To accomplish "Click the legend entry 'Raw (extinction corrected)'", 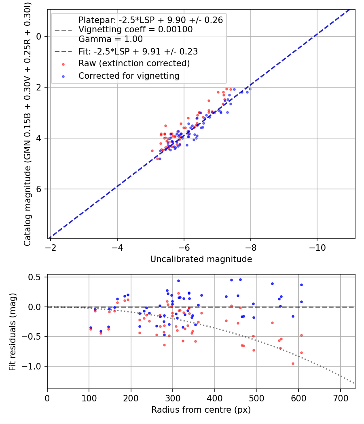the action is tap(134, 63).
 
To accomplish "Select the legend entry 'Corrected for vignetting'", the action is tap(129, 76).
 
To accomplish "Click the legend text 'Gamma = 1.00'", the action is tap(110, 39).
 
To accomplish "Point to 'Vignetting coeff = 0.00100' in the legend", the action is tap(135, 29).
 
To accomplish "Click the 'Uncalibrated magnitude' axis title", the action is tap(201, 259).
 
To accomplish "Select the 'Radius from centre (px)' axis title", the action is tap(201, 410).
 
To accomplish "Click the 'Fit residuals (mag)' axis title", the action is tap(13, 332).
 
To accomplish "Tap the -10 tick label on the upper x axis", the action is tap(317, 248).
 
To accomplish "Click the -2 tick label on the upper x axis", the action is tap(51, 248).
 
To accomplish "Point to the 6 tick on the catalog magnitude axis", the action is tap(39, 189).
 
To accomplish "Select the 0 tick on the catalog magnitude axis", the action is tap(39, 36).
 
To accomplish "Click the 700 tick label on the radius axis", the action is tap(341, 398).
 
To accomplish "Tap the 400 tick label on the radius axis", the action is tap(215, 398).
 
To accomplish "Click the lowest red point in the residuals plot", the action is tap(293, 364).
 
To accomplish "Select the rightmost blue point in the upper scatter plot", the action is tap(250, 89).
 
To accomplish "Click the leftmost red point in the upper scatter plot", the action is tap(152, 151).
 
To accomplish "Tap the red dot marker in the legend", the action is tap(63, 64).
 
